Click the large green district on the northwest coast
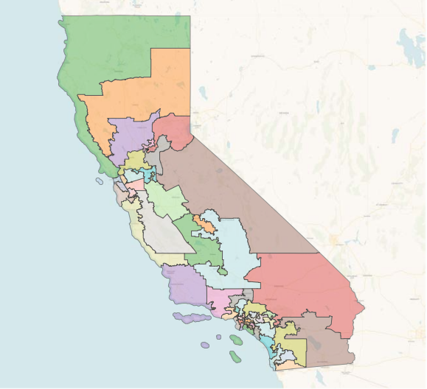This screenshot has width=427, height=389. coord(111,52)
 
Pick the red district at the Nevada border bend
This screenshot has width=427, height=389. coord(174,130)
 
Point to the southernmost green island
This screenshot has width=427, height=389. coord(235,357)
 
